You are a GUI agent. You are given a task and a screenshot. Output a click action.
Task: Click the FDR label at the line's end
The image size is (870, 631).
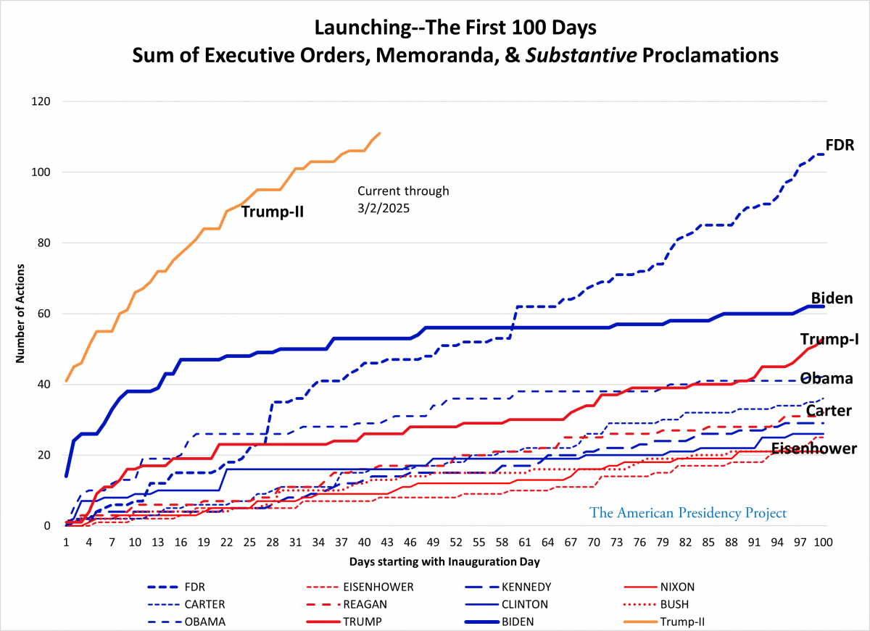tap(840, 145)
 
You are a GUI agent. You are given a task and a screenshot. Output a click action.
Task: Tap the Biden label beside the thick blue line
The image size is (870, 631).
tap(831, 298)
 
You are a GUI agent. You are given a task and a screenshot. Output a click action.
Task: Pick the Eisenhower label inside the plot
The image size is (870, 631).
tap(813, 448)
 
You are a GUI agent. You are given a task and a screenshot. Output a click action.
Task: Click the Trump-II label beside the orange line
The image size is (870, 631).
tap(272, 212)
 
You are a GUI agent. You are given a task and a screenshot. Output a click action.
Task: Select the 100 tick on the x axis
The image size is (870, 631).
tap(821, 542)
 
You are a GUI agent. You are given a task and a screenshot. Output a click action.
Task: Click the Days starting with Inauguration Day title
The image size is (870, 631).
tap(444, 561)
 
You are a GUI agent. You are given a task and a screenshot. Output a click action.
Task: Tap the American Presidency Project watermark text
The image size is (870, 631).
tap(688, 513)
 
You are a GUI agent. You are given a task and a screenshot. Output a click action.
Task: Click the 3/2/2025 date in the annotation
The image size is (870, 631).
tap(383, 206)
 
